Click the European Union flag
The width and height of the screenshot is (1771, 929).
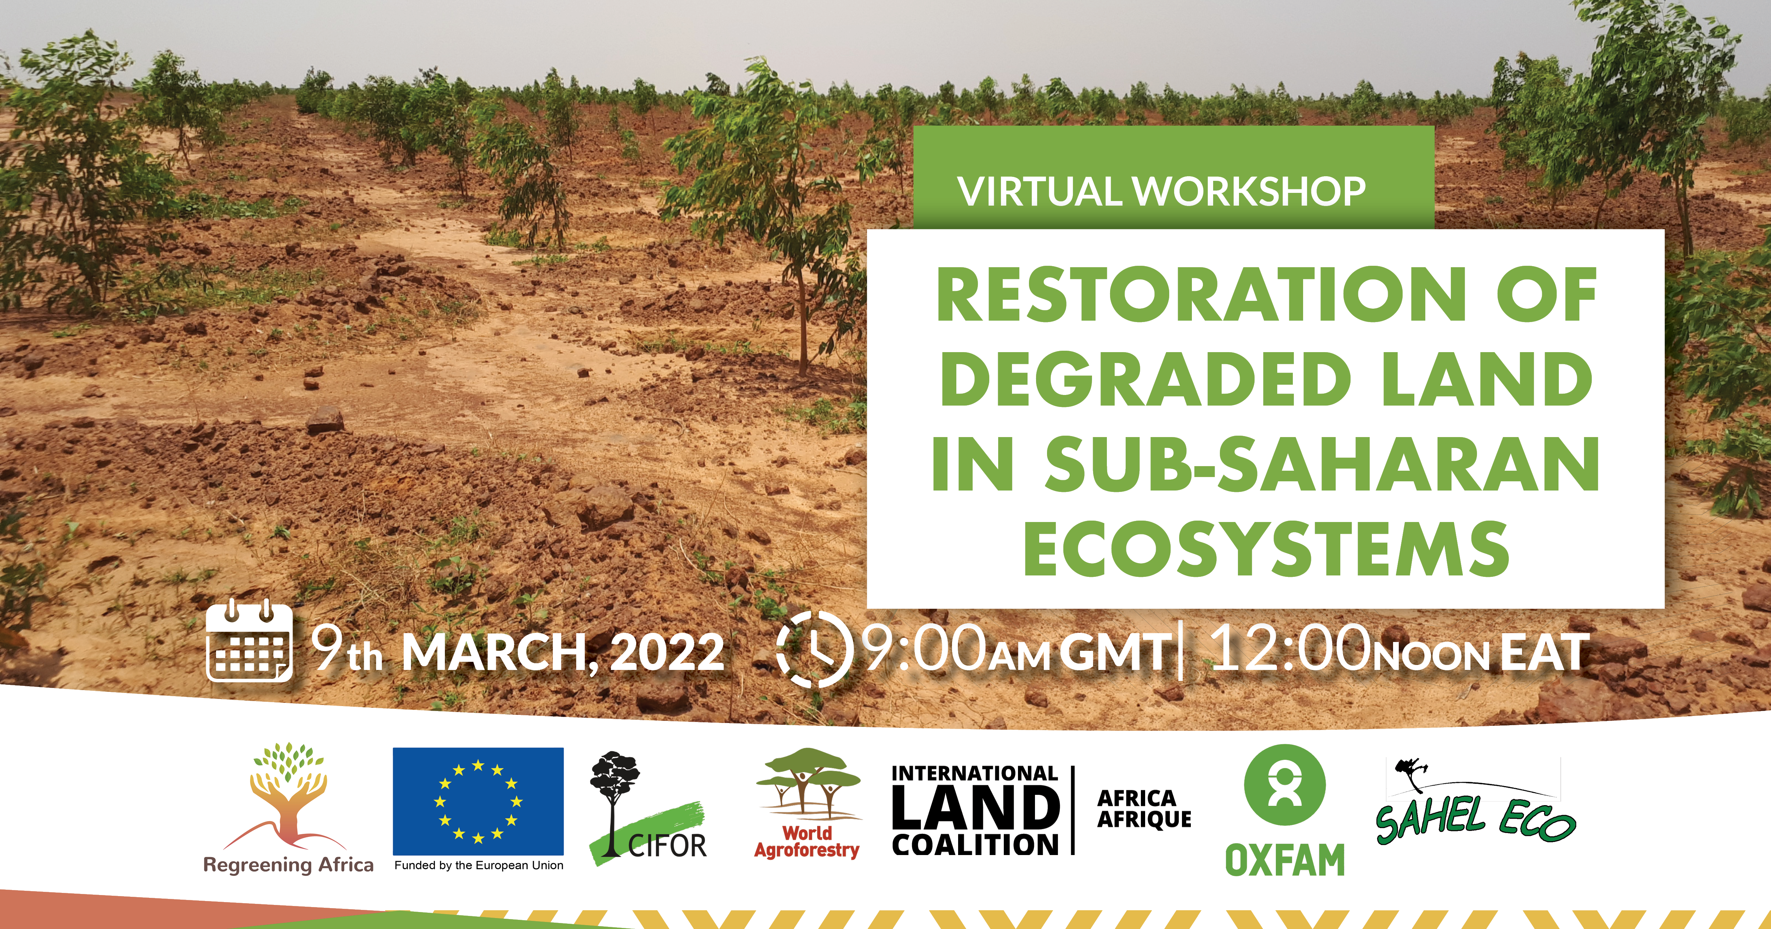point(478,801)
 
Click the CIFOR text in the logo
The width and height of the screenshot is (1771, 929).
point(667,846)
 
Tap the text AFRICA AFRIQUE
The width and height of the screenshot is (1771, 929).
point(1144,809)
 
